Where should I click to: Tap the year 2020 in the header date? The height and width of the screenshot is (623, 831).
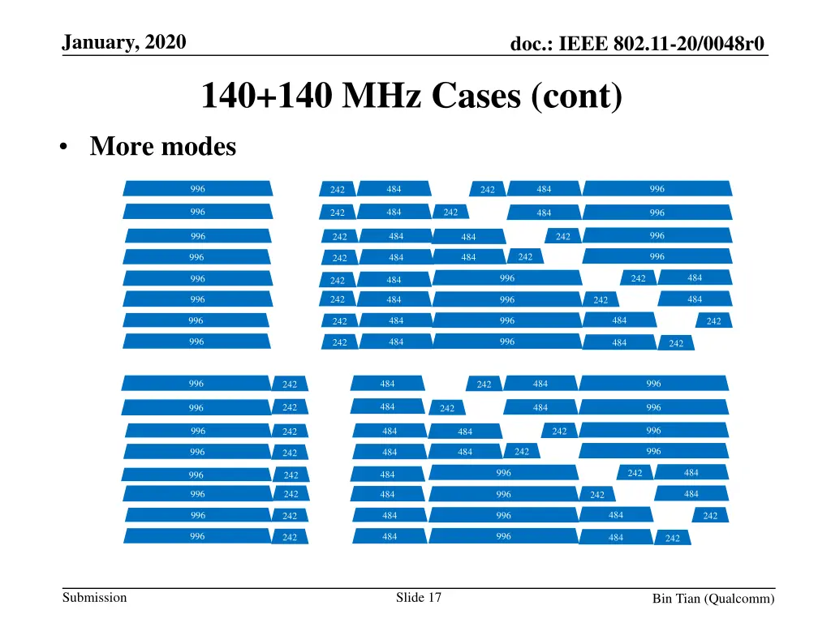[x=166, y=42]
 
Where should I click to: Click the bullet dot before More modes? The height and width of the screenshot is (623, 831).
[x=63, y=148]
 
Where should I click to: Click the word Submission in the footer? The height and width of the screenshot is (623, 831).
[x=95, y=598]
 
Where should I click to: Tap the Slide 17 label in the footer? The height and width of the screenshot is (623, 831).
[x=419, y=598]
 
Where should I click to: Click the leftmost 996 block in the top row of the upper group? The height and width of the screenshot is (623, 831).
[x=197, y=189]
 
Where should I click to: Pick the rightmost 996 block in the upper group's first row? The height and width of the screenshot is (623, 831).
[x=657, y=189]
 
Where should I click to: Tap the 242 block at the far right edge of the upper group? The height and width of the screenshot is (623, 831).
[x=713, y=321]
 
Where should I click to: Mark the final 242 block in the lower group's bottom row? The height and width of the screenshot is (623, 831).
[x=673, y=538]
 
